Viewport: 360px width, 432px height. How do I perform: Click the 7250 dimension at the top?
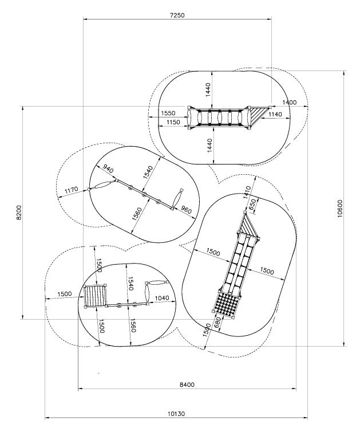177,15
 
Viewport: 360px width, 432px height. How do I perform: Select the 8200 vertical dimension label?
19,213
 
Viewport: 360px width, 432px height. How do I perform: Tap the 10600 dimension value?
339,209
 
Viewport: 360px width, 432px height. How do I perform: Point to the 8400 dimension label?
187,384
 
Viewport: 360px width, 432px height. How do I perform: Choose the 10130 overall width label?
176,414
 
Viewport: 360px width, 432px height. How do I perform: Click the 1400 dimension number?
290,103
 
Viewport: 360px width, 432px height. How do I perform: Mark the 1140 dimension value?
275,114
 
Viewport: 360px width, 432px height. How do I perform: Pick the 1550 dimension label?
168,113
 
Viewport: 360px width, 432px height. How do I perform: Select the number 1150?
173,122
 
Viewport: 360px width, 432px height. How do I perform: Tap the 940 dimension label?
108,168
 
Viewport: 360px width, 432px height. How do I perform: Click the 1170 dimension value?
72,190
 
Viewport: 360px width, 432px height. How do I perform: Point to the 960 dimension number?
186,210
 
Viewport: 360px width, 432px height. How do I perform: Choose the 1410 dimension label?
247,193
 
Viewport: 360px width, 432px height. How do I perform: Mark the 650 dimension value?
252,204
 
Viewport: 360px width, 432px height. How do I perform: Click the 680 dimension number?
217,323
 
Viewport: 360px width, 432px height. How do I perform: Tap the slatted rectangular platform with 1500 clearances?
95,296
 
